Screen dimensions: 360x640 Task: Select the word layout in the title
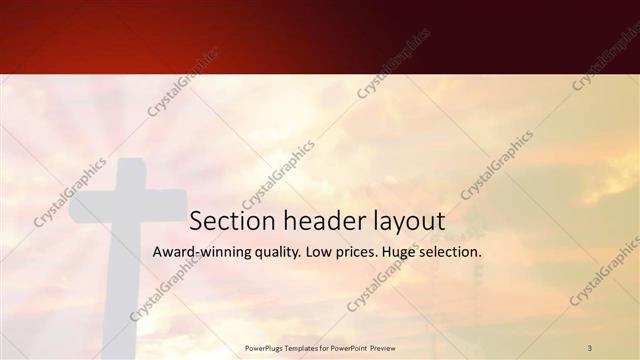(x=409, y=221)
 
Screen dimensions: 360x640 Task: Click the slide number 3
(x=590, y=348)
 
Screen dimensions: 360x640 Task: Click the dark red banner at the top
(x=320, y=36)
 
